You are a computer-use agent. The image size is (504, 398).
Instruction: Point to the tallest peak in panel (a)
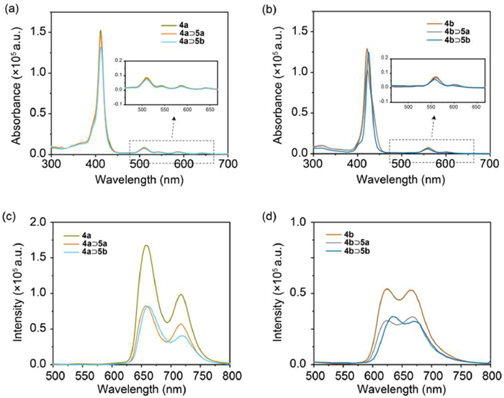[x=101, y=31]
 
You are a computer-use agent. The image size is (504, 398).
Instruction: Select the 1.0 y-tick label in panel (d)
[x=299, y=222]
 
